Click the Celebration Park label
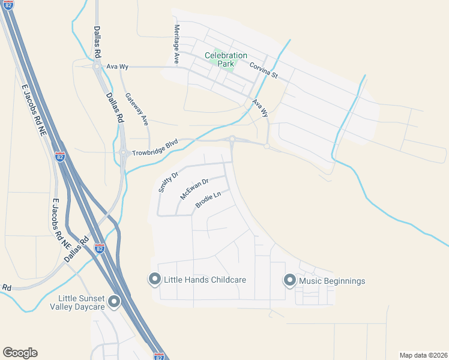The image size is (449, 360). tap(226, 60)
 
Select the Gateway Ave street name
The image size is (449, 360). tap(136, 109)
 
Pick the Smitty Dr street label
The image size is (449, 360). tap(168, 182)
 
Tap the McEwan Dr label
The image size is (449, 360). tap(194, 189)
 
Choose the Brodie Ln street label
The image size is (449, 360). tap(208, 200)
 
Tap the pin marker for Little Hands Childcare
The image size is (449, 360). tap(154, 279)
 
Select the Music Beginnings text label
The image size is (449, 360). tap(332, 281)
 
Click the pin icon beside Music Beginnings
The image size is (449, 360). tap(289, 280)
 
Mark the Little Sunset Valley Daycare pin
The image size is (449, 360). tap(115, 302)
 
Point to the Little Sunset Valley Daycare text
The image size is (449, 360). tap(82, 302)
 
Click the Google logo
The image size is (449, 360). tap(20, 353)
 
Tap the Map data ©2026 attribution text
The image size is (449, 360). tap(423, 355)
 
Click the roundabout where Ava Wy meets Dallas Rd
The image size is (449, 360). tap(97, 67)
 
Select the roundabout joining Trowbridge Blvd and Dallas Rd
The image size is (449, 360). tap(123, 152)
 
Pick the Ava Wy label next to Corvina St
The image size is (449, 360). tap(259, 107)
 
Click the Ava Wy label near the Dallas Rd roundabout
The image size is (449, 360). tap(114, 67)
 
